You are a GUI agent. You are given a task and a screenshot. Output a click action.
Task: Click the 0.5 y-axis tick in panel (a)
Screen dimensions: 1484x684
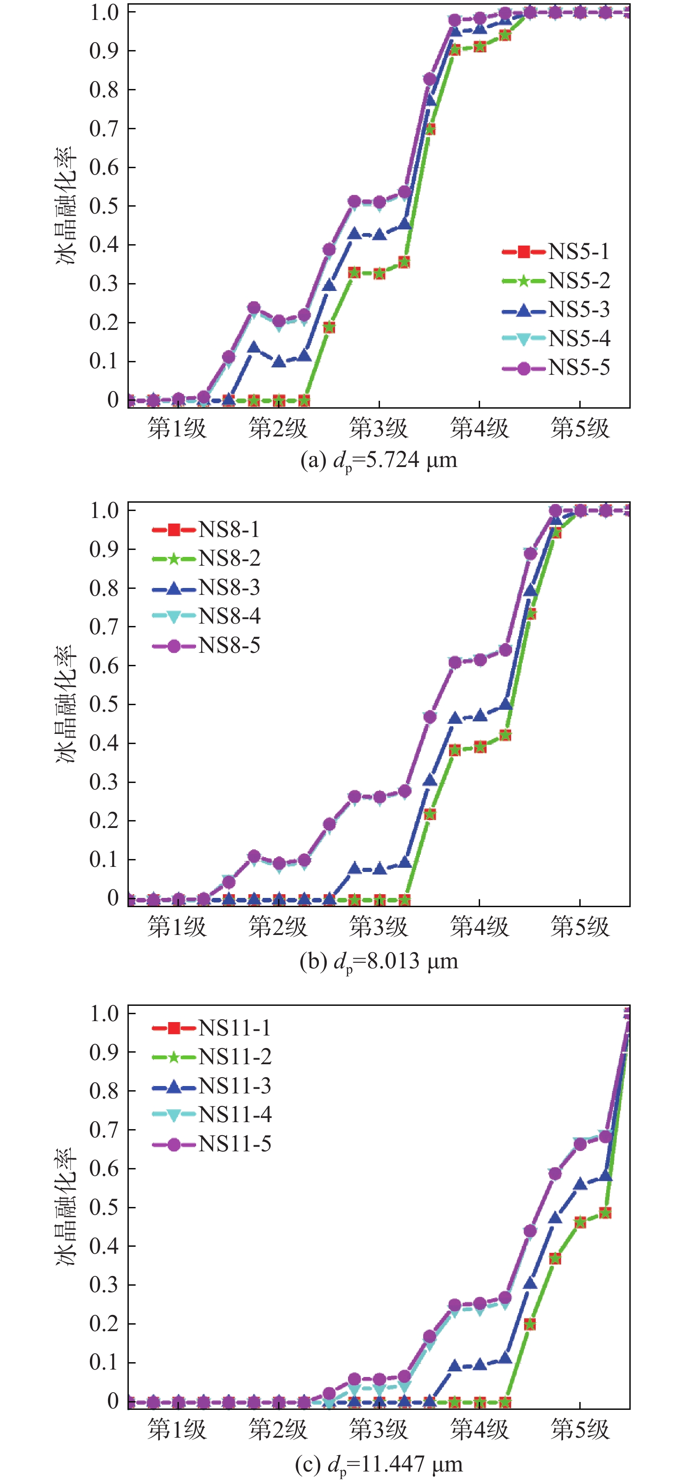104,206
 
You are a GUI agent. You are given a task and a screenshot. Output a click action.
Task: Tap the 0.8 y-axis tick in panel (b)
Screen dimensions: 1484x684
104,588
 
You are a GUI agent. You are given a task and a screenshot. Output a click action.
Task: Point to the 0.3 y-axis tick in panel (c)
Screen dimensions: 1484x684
104,1285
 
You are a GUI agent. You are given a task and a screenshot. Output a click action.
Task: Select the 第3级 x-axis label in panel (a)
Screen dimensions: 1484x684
379,429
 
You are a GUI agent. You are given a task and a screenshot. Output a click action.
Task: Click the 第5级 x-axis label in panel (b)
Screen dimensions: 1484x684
580,927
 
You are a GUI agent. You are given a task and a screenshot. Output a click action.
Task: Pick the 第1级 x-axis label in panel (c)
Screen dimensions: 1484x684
177,1429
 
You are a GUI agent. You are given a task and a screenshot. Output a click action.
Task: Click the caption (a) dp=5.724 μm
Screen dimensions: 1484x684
379,461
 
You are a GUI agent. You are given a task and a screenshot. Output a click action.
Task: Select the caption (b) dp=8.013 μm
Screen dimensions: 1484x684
379,961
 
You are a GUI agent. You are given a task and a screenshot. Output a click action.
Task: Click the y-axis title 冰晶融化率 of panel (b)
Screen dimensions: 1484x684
66,704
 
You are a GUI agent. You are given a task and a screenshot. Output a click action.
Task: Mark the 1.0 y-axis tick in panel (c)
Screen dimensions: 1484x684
104,1014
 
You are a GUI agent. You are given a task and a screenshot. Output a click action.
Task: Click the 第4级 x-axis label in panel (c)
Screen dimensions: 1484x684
480,1429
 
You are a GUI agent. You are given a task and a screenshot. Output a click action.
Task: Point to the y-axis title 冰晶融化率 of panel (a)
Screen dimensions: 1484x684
66,206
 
